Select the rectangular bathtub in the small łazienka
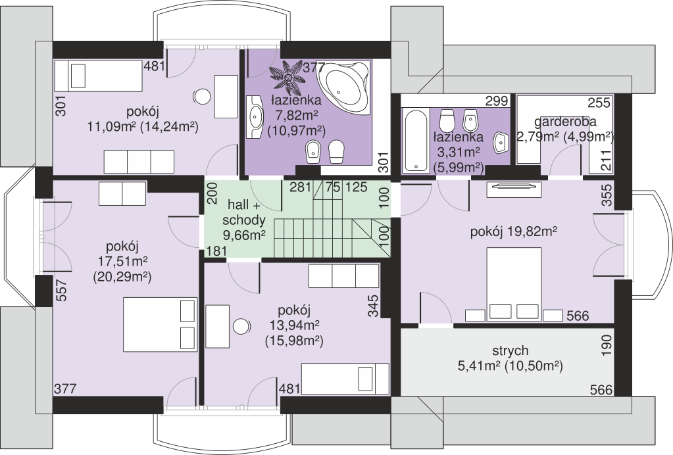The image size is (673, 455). coord(416,140)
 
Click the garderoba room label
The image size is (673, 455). coord(565,122)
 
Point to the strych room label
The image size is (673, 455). coord(510,351)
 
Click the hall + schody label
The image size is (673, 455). coord(244,212)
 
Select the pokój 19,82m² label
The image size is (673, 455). coord(514,232)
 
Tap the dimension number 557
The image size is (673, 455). coord(62,291)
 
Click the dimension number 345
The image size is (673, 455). coord(374,305)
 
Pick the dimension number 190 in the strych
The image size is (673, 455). coord(607,346)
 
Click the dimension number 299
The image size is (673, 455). coord(497,101)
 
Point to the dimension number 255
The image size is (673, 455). coord(599,103)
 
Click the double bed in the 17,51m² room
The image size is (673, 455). coord(160,324)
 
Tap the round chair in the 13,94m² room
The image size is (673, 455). coord(241,327)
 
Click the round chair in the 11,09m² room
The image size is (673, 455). coord(202,97)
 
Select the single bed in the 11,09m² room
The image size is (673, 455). coord(98,76)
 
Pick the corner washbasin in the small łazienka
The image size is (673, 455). coord(501,142)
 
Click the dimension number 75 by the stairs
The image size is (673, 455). coord(333,187)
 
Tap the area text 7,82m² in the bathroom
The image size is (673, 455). coord(296,115)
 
